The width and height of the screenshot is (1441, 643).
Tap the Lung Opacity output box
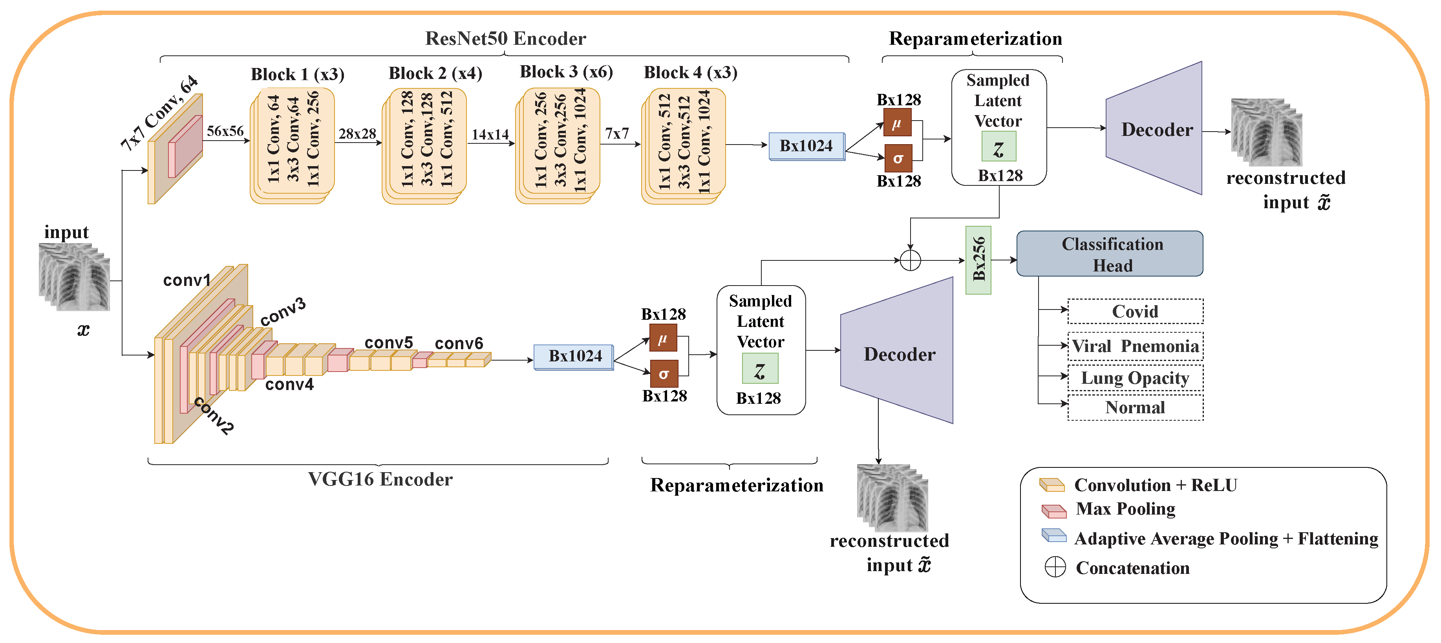click(1135, 378)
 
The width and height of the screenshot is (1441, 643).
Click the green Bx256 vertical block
click(978, 260)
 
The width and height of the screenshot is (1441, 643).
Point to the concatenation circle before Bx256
click(910, 260)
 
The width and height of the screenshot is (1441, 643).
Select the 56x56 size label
click(225, 131)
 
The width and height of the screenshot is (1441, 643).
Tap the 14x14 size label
click(490, 134)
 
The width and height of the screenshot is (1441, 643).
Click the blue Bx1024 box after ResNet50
click(806, 146)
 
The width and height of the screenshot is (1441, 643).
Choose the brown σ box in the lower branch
click(664, 374)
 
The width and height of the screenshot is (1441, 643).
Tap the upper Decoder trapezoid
click(1156, 129)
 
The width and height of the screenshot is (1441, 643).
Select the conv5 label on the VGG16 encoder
click(388, 343)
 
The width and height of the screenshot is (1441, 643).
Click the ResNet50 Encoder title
click(505, 38)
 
